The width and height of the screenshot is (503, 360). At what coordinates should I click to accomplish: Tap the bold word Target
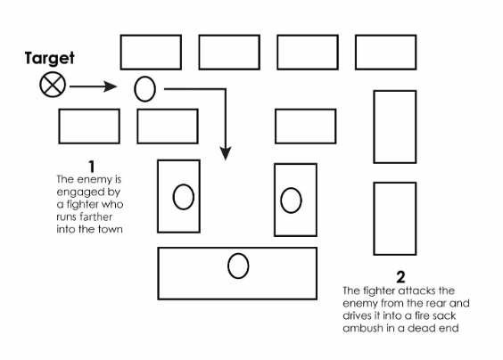click(x=50, y=59)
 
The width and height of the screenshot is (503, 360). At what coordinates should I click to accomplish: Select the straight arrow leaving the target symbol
click(x=94, y=87)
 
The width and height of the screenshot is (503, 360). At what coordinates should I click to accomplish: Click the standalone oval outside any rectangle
click(x=144, y=88)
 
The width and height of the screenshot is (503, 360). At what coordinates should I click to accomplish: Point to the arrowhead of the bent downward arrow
click(x=227, y=155)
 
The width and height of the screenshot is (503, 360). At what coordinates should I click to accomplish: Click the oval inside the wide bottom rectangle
click(x=238, y=266)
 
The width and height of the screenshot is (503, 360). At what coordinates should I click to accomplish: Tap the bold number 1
click(x=91, y=166)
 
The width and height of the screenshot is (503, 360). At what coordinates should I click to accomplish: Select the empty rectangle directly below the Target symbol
click(x=89, y=126)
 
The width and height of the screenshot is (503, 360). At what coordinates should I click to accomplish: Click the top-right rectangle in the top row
click(x=385, y=52)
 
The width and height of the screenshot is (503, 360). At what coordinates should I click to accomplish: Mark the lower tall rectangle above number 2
click(x=394, y=218)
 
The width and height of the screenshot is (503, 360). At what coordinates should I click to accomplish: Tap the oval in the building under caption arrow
click(x=184, y=197)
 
